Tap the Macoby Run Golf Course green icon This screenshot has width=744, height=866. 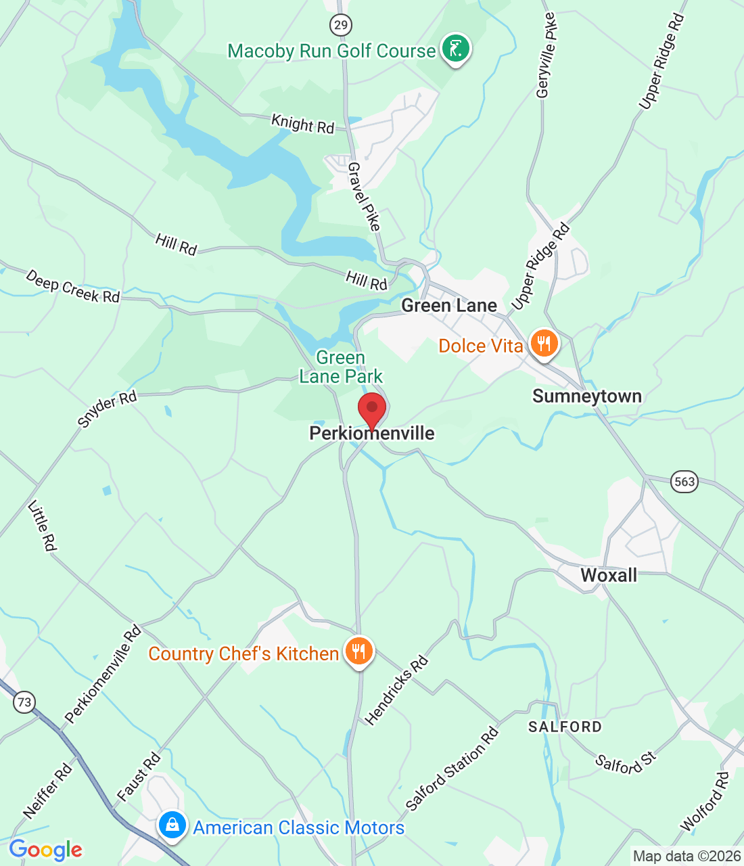click(455, 50)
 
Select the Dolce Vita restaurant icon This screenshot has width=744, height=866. click(543, 344)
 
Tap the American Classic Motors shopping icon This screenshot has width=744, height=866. click(172, 826)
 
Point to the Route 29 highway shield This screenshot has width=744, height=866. click(340, 26)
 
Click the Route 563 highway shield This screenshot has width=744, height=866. click(684, 482)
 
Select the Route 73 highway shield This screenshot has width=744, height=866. click(24, 702)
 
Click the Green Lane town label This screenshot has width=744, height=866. click(449, 306)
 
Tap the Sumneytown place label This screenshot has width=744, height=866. click(587, 396)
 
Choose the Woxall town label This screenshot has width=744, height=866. click(609, 575)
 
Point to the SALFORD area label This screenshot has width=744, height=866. click(565, 727)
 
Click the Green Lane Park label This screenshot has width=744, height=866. click(341, 367)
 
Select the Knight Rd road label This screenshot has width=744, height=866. click(302, 124)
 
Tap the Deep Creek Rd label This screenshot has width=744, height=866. click(72, 286)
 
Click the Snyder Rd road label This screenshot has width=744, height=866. click(107, 409)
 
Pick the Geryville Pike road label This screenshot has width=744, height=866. click(545, 55)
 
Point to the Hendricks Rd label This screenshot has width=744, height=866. click(396, 690)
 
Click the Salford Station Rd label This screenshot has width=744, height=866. click(452, 769)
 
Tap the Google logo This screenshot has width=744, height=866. click(46, 850)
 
